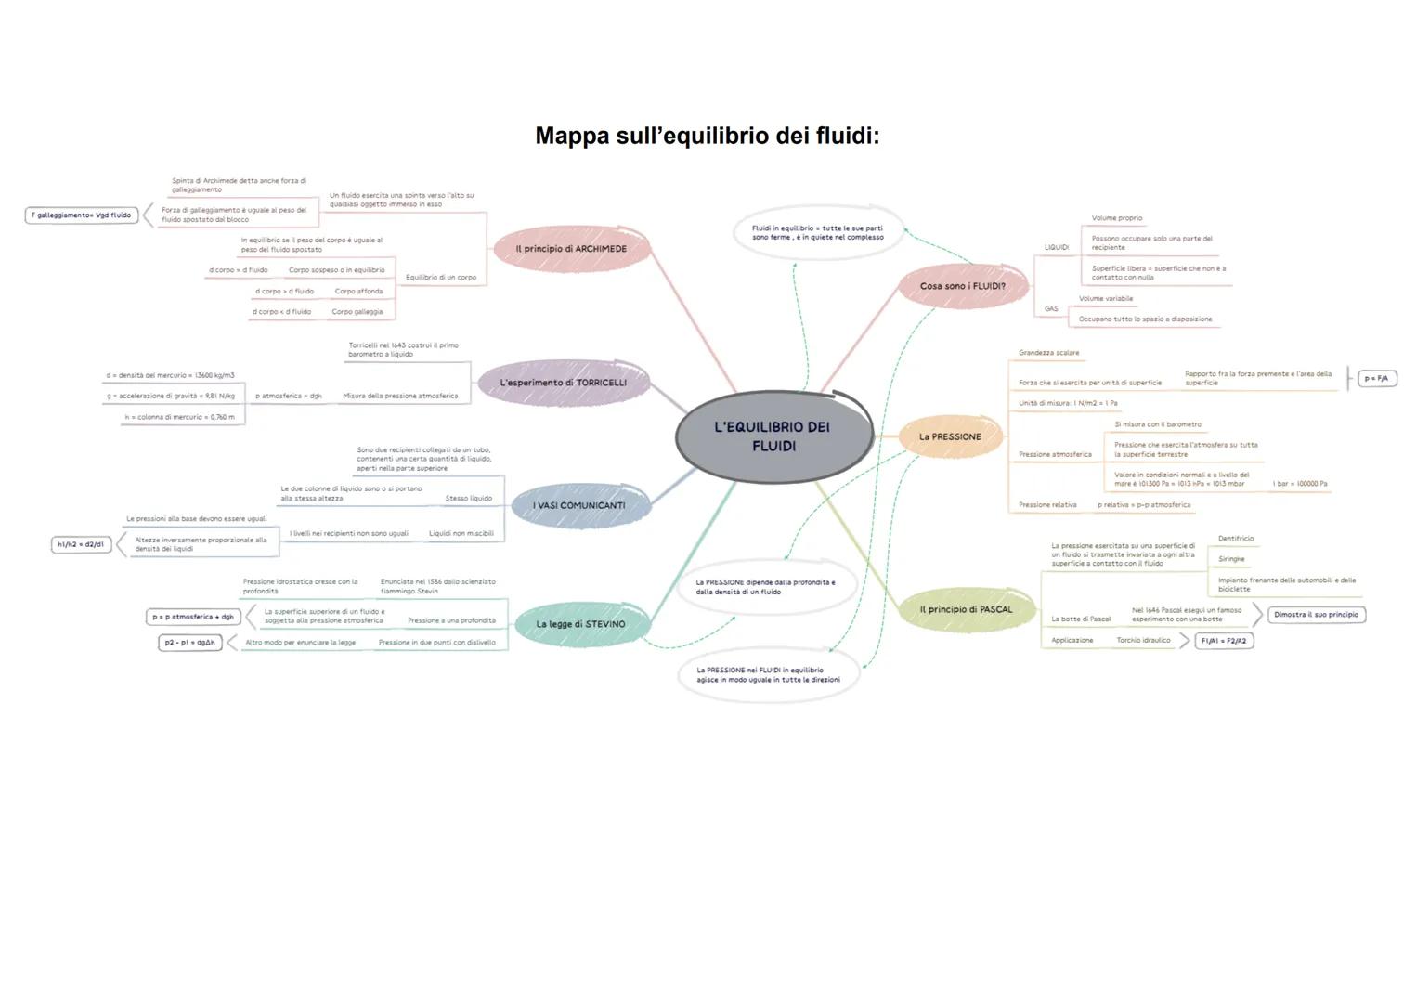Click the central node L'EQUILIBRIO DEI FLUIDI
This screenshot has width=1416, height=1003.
pos(773,436)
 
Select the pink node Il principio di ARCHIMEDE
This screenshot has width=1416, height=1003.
pos(571,249)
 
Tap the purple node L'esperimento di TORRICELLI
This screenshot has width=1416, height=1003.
pos(563,383)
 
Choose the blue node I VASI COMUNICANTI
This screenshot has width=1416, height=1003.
pos(578,506)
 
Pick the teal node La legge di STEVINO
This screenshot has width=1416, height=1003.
pos(580,624)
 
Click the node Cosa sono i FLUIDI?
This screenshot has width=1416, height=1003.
pos(962,286)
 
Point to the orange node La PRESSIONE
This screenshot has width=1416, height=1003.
pos(950,436)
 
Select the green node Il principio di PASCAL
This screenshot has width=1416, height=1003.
pos(966,610)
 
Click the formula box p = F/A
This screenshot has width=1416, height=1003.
pos(1377,379)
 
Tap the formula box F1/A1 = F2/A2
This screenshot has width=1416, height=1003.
pos(1224,641)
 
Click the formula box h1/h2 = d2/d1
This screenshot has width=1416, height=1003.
pos(81,544)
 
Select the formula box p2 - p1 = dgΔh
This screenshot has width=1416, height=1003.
pos(190,643)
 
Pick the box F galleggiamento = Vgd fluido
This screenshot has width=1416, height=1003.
pos(81,215)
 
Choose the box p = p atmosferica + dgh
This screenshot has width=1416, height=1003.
pos(193,617)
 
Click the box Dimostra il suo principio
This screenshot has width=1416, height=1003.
pos(1316,615)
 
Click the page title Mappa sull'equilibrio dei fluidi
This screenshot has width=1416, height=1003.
pos(707,137)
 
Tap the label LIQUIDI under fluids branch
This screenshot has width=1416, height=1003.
pos(1056,248)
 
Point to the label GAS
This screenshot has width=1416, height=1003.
pos(1051,309)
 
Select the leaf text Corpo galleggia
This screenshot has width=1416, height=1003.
pos(357,312)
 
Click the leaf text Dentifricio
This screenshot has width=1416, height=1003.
pos(1235,539)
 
